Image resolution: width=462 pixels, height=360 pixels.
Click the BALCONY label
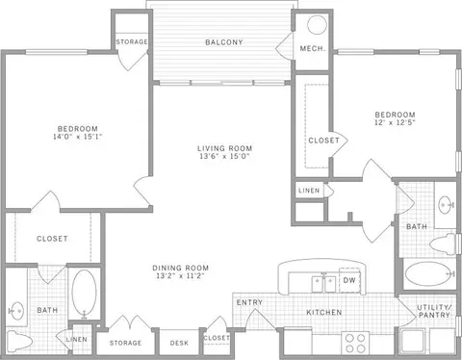click(x=221, y=42)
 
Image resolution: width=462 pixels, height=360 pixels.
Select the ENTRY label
click(x=249, y=303)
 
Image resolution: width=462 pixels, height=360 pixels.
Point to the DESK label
click(x=179, y=342)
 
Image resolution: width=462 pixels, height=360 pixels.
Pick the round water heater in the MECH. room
click(x=315, y=26)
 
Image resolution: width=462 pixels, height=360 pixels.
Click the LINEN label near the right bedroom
click(x=308, y=191)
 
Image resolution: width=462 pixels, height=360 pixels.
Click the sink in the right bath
click(x=445, y=203)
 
